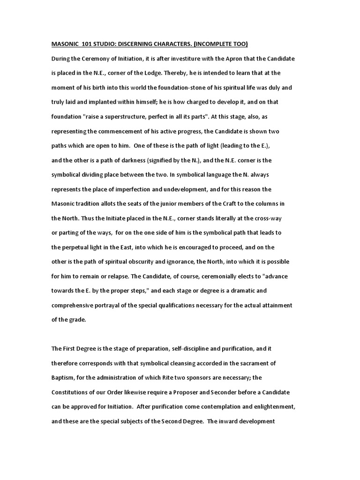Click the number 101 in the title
(87, 44)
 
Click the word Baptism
(64, 377)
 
